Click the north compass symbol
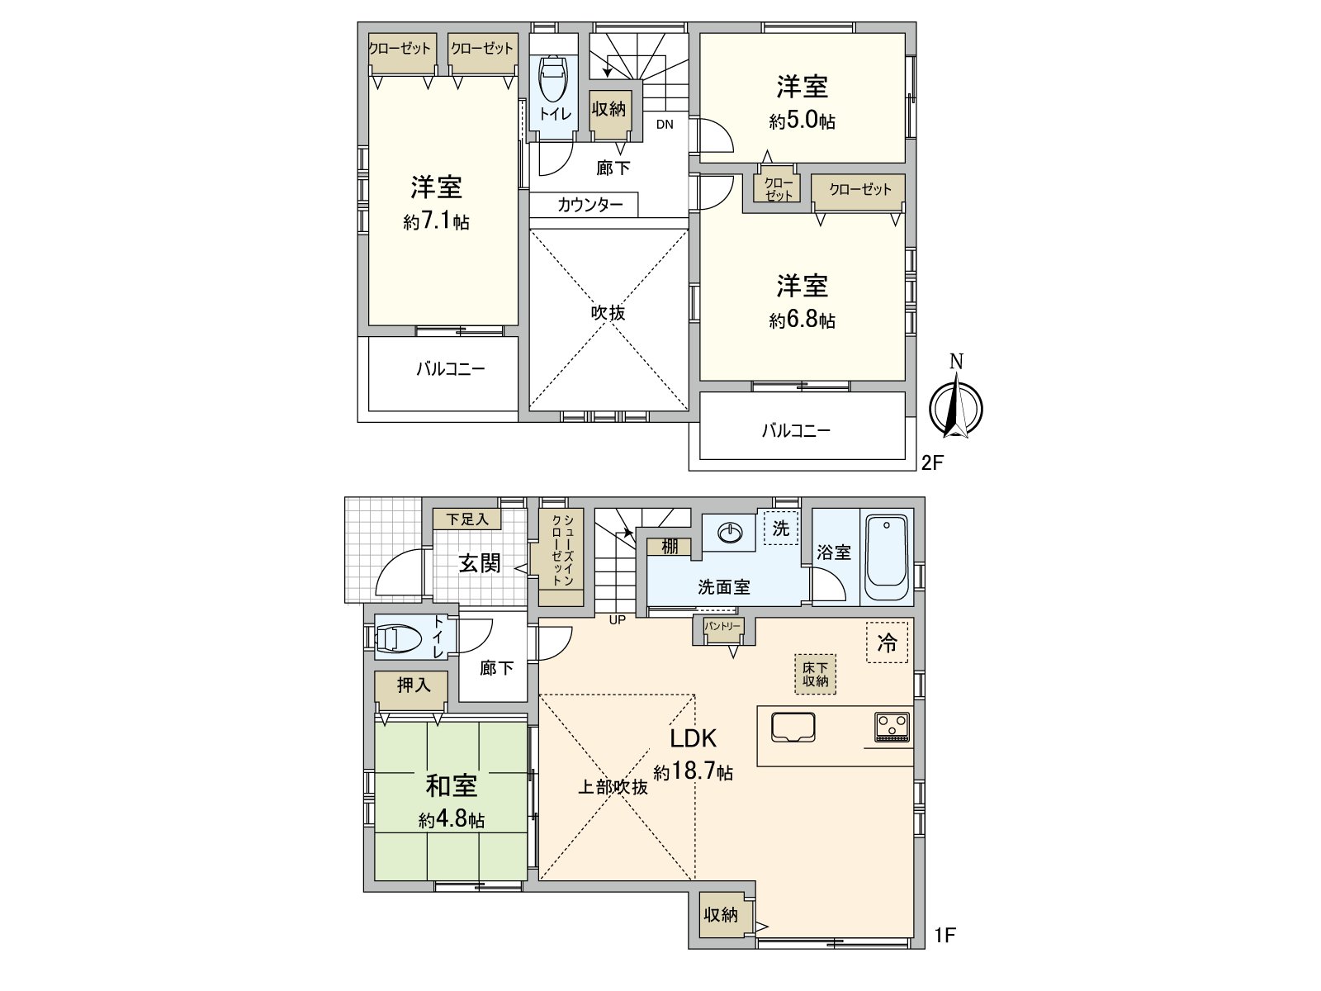pyautogui.click(x=955, y=405)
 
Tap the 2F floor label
pyautogui.click(x=932, y=462)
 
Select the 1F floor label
pyautogui.click(x=945, y=936)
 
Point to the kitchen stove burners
pyautogui.click(x=892, y=726)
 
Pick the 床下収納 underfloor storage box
pyautogui.click(x=815, y=674)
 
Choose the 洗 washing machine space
pyautogui.click(x=780, y=529)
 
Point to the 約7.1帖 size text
pyautogui.click(x=437, y=222)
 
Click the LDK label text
pyautogui.click(x=692, y=737)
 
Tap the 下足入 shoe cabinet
pyautogui.click(x=468, y=519)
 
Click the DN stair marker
pyautogui.click(x=665, y=126)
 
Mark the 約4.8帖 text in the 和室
pyautogui.click(x=451, y=820)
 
